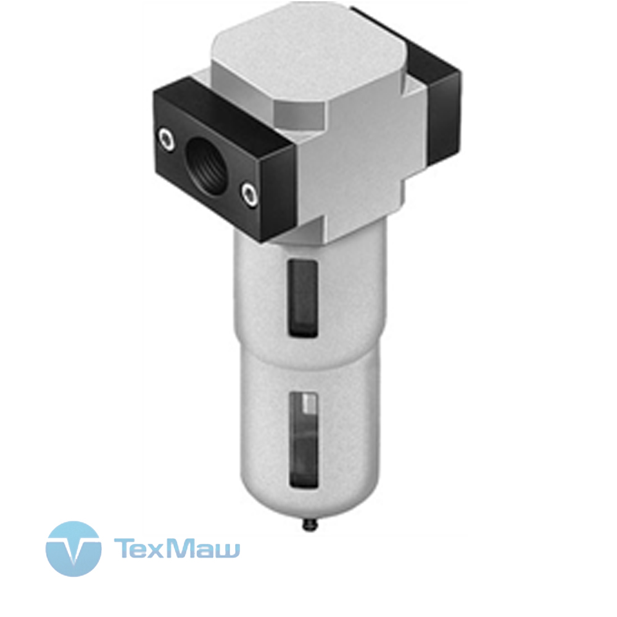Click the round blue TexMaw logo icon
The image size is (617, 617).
click(73, 549)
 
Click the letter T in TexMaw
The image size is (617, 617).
click(124, 549)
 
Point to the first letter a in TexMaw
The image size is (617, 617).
click(201, 551)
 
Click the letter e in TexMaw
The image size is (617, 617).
click(141, 551)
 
